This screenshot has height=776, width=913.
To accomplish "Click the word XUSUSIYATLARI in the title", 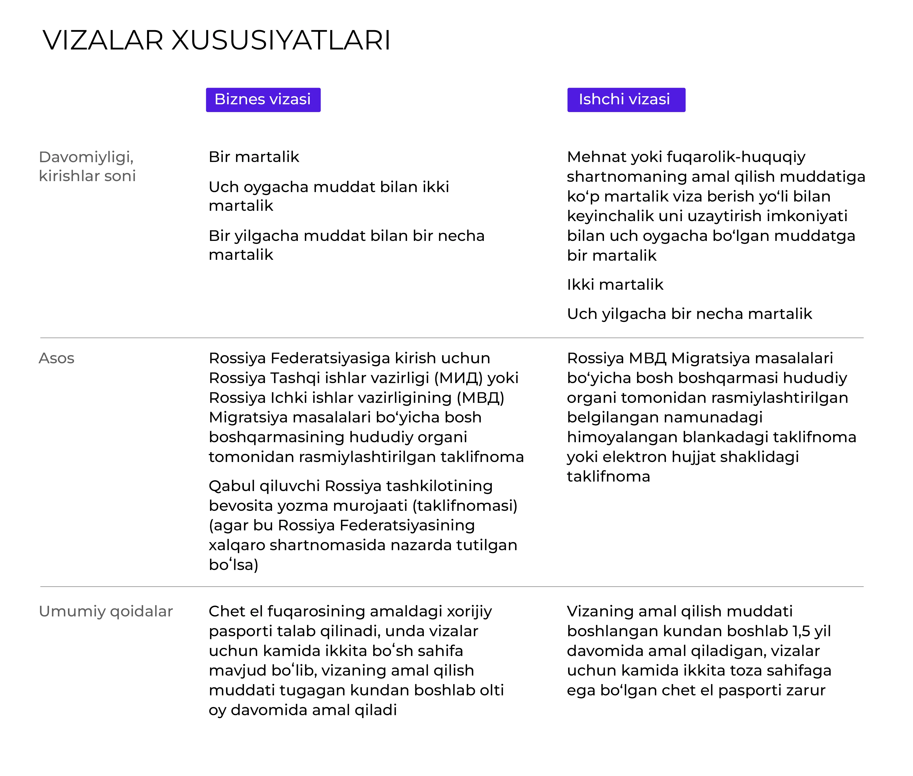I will coord(281,40).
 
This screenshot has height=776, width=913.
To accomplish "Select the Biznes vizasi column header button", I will coord(263,100).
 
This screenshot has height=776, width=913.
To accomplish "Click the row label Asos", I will coord(56,359).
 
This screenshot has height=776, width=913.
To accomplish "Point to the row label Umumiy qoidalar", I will coord(106,611).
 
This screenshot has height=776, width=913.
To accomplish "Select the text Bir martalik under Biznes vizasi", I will coord(254,157).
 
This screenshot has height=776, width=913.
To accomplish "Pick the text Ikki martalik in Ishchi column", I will coord(614,285).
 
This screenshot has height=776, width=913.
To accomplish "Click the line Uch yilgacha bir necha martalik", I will coord(689,314).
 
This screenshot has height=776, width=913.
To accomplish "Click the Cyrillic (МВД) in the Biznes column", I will coord(480,398).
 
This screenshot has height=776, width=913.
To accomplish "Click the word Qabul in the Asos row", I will coord(232,486).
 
